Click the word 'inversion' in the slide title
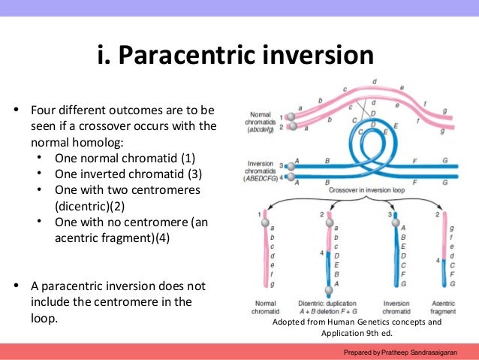(x=322, y=56)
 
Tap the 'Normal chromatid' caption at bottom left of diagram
(x=264, y=307)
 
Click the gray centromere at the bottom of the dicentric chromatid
(x=328, y=290)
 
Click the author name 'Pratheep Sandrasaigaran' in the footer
(x=426, y=352)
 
